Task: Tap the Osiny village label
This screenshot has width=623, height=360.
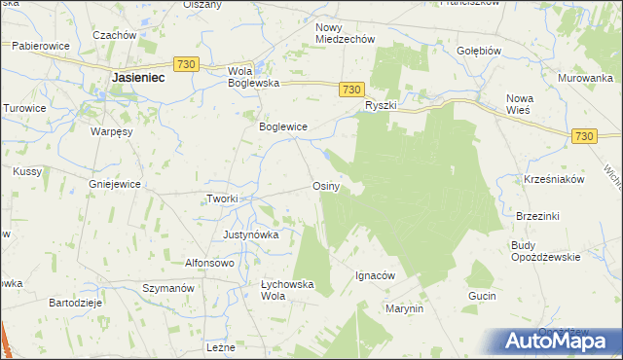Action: tap(325, 185)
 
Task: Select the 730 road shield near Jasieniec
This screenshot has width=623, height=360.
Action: tap(188, 64)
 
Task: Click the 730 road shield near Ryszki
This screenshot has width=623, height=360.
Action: tap(353, 89)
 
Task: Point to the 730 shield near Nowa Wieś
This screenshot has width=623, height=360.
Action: tap(584, 138)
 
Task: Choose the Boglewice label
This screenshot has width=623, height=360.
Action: tap(282, 126)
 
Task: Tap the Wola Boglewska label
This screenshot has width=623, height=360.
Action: tap(253, 77)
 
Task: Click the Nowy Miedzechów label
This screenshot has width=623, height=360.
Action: tap(346, 32)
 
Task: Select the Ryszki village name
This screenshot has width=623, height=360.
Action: tap(382, 104)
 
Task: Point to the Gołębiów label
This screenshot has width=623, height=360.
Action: tap(478, 49)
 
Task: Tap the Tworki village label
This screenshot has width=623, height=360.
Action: tap(222, 198)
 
